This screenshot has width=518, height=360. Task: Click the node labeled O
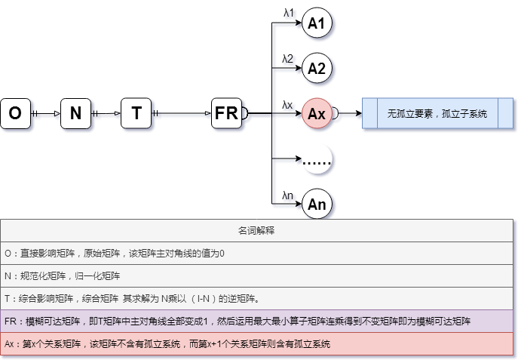point(15,114)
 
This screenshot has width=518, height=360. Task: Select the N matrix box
point(75,114)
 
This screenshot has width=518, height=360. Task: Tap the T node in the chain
point(136,114)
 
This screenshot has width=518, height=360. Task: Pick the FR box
point(226,114)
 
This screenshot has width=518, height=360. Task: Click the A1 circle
point(317,24)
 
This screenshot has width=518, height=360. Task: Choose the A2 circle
point(317,69)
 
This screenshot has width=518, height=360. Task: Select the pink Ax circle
point(317,114)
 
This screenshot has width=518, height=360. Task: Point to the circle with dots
point(317,159)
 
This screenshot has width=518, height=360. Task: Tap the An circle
point(317,204)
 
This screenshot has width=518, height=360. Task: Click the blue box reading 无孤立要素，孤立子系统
point(437,114)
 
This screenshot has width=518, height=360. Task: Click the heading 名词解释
point(258,230)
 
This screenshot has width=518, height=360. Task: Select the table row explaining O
point(258,253)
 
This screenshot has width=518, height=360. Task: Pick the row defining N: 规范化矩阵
point(258,275)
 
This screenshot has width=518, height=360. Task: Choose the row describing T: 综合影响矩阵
point(258,298)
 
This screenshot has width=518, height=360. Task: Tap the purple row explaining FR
point(258,321)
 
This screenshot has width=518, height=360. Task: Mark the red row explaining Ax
point(258,343)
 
